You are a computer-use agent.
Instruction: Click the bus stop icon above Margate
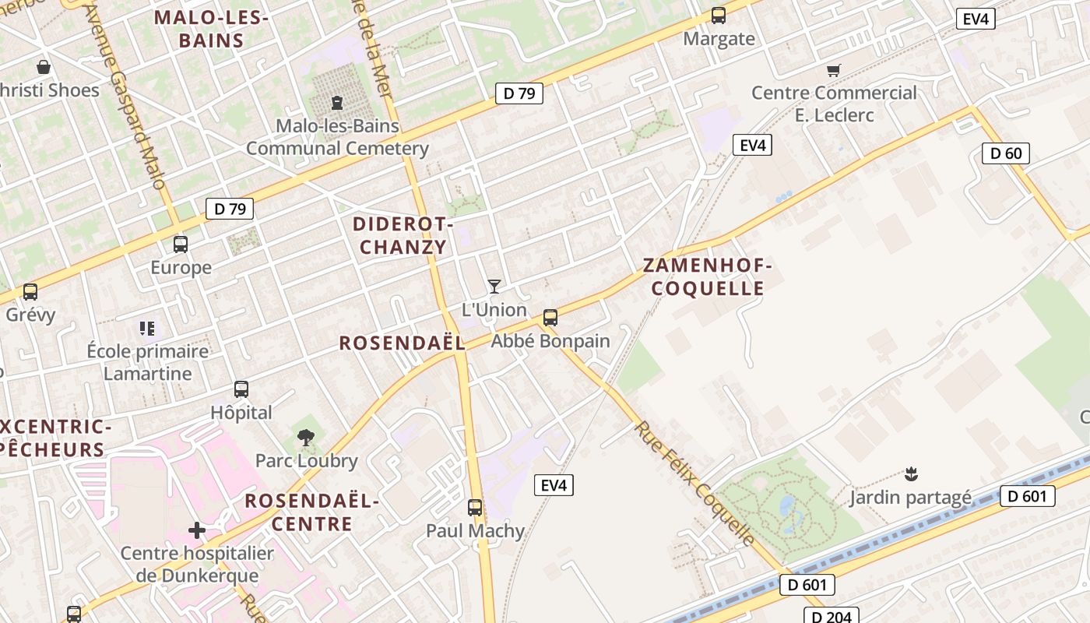[718, 16]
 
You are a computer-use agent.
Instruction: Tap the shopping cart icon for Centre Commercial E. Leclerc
[833, 70]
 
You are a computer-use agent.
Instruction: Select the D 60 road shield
[1005, 153]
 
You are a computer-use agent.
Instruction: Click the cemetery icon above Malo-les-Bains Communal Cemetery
[337, 102]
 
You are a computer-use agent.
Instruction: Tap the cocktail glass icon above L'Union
[494, 287]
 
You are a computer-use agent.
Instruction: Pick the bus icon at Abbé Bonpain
[550, 318]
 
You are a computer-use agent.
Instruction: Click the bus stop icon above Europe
[181, 245]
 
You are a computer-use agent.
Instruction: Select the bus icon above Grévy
[30, 292]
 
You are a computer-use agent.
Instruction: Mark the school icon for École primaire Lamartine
[147, 328]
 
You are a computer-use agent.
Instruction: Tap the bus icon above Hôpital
[241, 389]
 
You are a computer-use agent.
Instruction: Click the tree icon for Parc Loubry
[306, 438]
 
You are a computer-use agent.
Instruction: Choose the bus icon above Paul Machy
[475, 508]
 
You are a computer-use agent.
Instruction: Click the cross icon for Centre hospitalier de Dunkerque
[197, 530]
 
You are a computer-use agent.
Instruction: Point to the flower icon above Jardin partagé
[909, 473]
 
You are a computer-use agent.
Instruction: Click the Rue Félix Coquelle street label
[694, 484]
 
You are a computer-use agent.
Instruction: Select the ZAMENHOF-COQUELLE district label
[708, 277]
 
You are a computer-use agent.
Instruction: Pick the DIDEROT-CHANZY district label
[403, 236]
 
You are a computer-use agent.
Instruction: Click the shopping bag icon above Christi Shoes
[44, 67]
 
